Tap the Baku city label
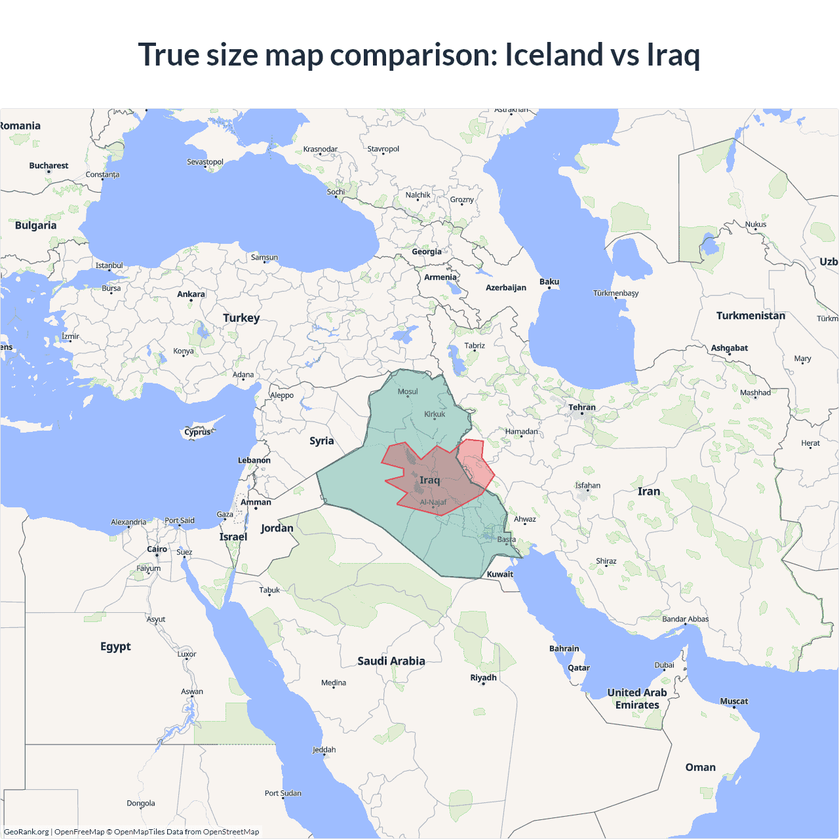(x=549, y=282)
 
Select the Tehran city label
(x=582, y=407)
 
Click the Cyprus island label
(x=197, y=432)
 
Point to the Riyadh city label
(x=484, y=678)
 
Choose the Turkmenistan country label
(x=751, y=316)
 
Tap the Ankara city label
(x=191, y=294)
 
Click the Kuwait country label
(x=500, y=574)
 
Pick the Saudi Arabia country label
(x=391, y=661)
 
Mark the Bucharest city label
(x=49, y=166)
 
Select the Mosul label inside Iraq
(x=408, y=392)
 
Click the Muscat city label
(x=734, y=701)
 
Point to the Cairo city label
(x=157, y=549)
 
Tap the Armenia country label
(x=440, y=277)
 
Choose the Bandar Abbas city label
(x=685, y=619)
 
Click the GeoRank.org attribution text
(x=26, y=832)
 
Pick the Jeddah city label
(x=324, y=750)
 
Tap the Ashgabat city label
(x=730, y=348)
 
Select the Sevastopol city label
(x=205, y=162)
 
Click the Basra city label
(x=506, y=539)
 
